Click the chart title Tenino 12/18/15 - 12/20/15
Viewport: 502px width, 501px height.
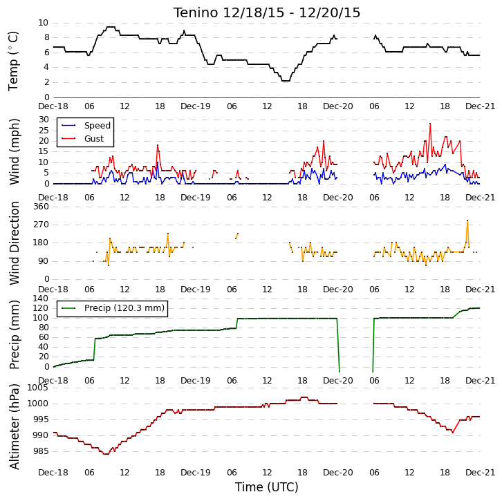pos(267,13)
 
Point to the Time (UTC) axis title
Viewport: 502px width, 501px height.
pos(267,487)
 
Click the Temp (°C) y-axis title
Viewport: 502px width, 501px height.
pos(13,61)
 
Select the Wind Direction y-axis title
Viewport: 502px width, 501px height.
pos(14,243)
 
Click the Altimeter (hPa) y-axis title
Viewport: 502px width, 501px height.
pos(14,427)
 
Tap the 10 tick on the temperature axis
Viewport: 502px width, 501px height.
pos(44,23)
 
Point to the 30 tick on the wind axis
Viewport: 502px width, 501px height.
pos(44,120)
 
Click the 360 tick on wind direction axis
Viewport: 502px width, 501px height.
pos(41,207)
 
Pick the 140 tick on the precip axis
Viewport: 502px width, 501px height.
pos(41,299)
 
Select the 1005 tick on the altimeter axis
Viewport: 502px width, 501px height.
pos(38,388)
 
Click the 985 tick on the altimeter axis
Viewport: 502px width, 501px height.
pos(41,451)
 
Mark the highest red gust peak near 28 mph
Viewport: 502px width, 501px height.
pos(430,124)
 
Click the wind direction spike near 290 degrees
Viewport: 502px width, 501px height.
pos(467,220)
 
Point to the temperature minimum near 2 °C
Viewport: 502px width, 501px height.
pos(286,81)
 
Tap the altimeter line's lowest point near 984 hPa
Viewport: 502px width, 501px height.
pos(106,454)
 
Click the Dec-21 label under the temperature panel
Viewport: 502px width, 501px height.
pos(480,106)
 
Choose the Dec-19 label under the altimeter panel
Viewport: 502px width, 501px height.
pos(195,473)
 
